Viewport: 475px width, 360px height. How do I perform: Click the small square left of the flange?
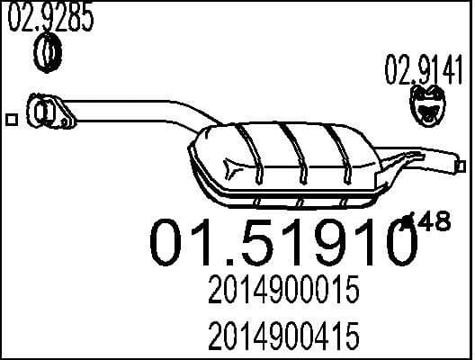click(x=11, y=118)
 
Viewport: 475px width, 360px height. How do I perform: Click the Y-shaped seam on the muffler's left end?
click(x=236, y=167)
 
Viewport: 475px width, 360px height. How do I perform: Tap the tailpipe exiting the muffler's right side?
click(x=427, y=165)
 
